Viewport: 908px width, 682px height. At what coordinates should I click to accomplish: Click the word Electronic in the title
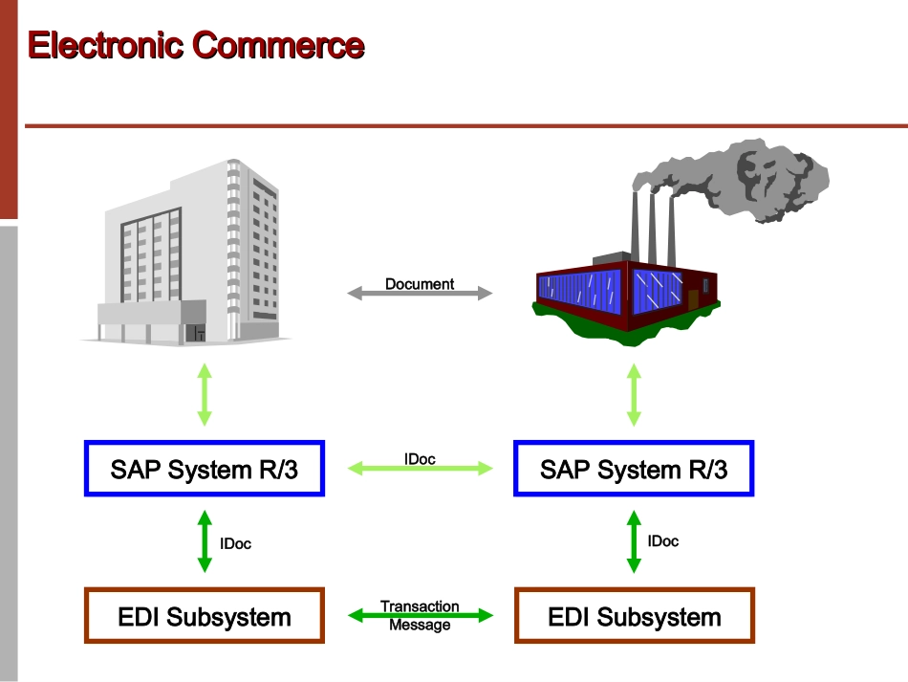106,45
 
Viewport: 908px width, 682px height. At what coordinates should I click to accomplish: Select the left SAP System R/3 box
205,469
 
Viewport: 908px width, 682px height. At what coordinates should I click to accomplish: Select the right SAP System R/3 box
634,469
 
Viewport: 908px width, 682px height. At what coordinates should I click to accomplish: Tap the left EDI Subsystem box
205,616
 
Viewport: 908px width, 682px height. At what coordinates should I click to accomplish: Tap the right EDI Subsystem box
634,616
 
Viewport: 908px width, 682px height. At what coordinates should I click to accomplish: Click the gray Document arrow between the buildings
420,294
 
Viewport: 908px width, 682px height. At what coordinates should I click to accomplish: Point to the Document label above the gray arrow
420,283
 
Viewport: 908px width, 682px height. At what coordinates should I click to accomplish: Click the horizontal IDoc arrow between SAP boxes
420,469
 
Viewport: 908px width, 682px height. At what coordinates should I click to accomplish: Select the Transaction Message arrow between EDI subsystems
420,616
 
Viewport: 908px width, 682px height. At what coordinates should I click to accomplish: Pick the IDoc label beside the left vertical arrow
235,543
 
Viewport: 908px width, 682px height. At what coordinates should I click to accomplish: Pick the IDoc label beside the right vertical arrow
663,541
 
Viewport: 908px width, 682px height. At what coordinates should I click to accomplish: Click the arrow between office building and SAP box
205,394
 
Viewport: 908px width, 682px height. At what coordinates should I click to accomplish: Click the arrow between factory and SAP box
634,394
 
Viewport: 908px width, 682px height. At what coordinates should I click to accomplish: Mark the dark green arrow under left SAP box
205,541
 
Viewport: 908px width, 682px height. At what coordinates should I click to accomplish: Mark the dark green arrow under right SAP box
634,541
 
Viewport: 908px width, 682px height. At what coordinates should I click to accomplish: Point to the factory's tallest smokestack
635,220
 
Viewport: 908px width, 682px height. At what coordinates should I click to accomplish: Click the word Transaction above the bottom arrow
420,606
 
